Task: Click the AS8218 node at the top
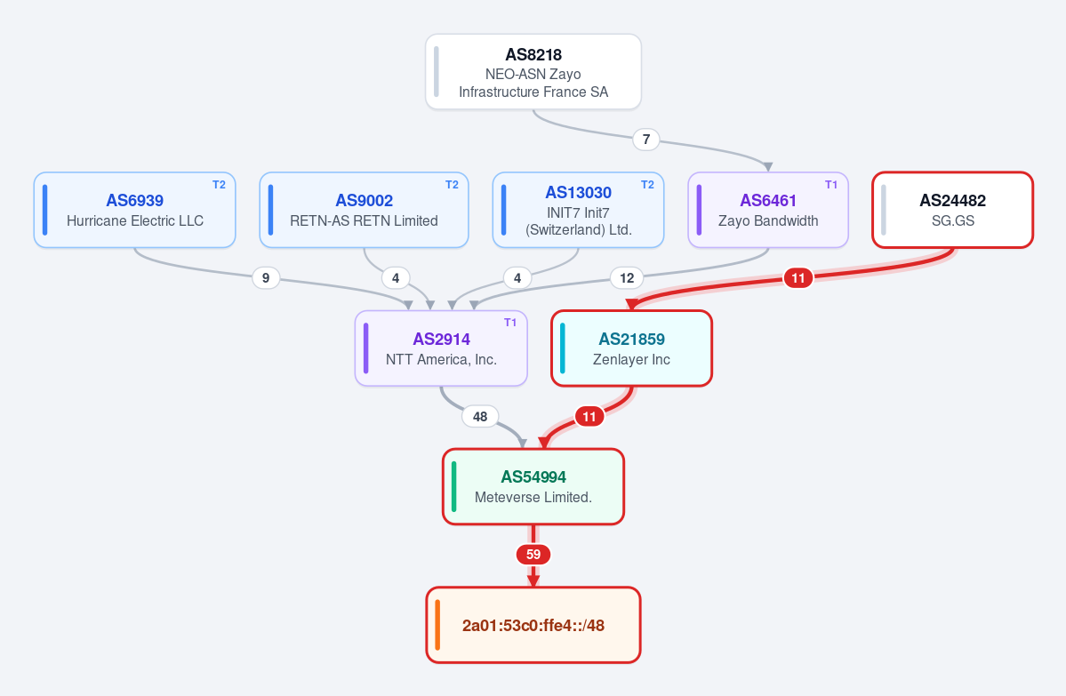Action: point(533,71)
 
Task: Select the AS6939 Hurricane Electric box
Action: point(134,210)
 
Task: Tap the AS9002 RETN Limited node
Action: point(364,210)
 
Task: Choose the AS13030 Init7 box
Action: point(578,210)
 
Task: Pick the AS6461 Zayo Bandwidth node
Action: point(768,210)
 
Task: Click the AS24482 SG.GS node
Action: point(952,210)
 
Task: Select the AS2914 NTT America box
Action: point(441,348)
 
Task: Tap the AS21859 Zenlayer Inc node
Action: point(631,348)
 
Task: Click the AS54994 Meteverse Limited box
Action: point(533,486)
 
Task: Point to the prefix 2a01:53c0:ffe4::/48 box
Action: point(533,625)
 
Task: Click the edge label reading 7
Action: point(645,140)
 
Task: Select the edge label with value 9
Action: point(266,277)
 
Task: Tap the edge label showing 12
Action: point(627,277)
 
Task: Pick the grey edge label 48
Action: point(480,416)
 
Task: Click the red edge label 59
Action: point(533,555)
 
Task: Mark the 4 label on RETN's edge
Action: point(396,277)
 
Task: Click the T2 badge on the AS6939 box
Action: point(219,185)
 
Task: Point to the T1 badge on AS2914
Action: point(510,323)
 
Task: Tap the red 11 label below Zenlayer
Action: point(589,416)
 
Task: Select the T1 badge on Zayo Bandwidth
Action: point(830,185)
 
